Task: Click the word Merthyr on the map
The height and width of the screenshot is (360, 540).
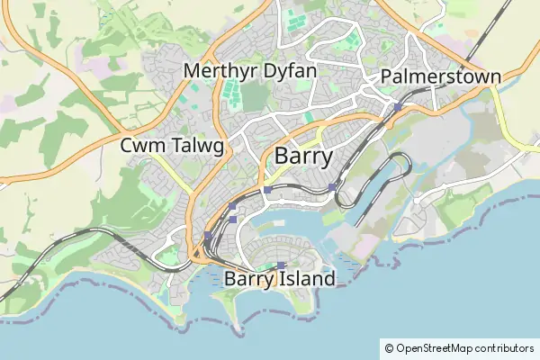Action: point(212,69)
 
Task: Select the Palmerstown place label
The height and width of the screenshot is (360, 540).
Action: point(440,76)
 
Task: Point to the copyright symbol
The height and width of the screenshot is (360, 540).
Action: point(389,347)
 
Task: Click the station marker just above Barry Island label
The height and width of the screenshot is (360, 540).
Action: point(281,265)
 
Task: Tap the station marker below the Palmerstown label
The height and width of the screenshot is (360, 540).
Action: point(397,108)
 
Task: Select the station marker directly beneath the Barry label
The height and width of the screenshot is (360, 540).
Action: point(267,190)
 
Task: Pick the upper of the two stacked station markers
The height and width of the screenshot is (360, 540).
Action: point(232,207)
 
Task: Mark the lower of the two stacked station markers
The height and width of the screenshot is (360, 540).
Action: point(232,219)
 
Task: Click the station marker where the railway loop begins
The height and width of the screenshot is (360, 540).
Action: point(332,187)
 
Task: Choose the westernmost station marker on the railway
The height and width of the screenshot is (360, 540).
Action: point(207,236)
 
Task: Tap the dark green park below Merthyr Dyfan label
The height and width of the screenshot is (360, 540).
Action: point(255,96)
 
